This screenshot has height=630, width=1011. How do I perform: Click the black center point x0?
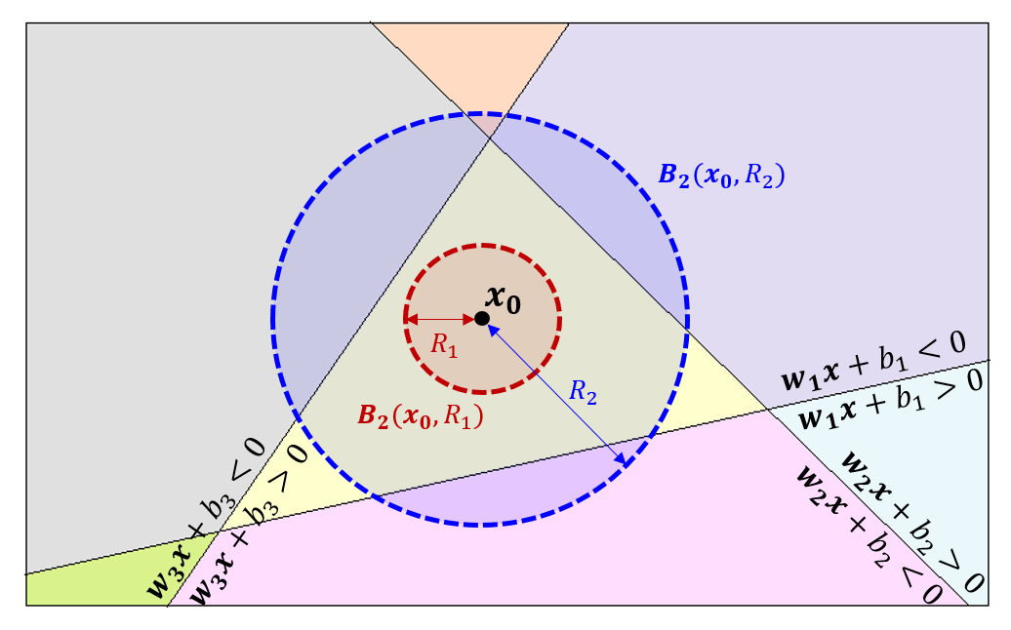point(482,319)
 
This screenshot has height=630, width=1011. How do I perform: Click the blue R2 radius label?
point(583,392)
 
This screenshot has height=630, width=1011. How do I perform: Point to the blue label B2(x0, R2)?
point(723,176)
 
